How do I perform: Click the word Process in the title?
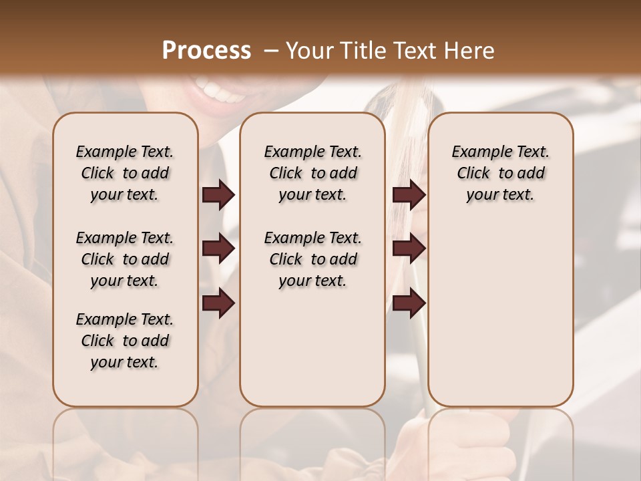tap(206, 51)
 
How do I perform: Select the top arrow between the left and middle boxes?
tap(218, 194)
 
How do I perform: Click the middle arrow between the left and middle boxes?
tap(218, 249)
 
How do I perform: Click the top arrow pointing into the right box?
tap(409, 194)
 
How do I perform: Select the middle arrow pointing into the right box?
tap(409, 249)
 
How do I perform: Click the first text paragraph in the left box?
tap(125, 173)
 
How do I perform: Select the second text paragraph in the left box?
tap(125, 259)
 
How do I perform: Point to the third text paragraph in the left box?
tap(125, 341)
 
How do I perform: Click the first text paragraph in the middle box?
tap(312, 173)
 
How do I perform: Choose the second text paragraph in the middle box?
tap(312, 259)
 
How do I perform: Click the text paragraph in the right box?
tap(500, 173)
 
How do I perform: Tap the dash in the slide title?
tap(271, 51)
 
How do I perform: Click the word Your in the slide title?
tap(308, 51)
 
